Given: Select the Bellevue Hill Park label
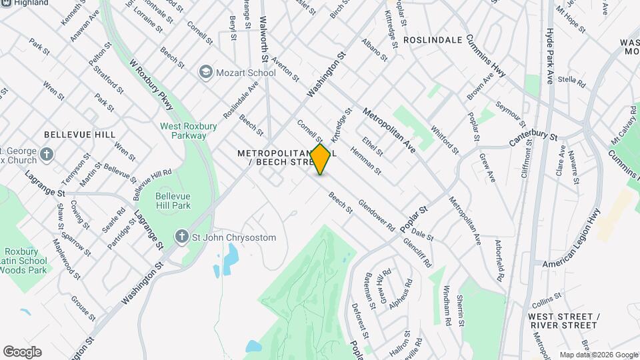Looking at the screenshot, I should (x=173, y=201).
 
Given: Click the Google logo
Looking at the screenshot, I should (x=22, y=352).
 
